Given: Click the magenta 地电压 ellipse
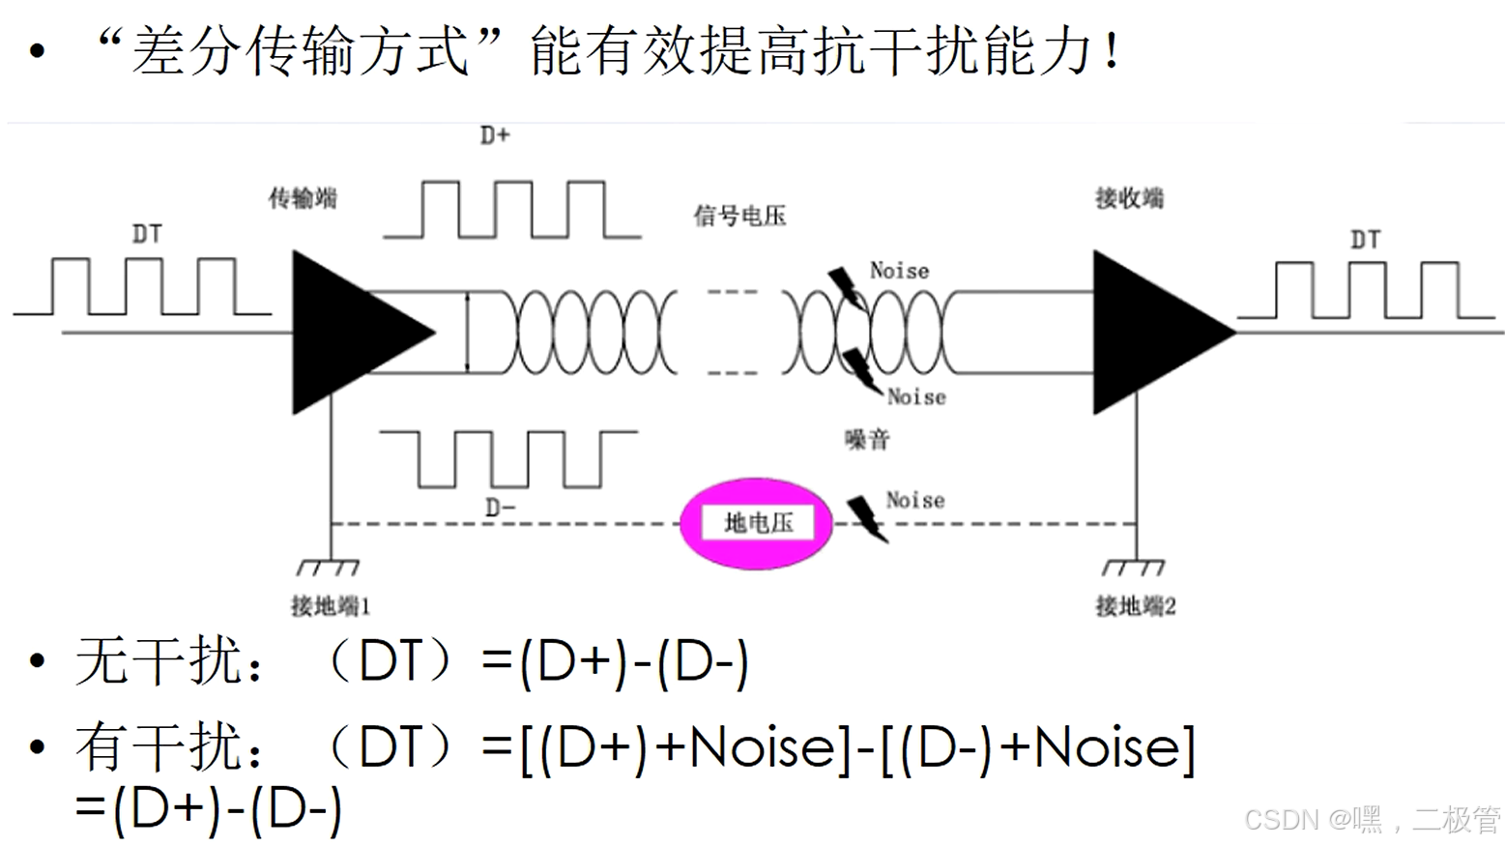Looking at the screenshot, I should pyautogui.click(x=757, y=523).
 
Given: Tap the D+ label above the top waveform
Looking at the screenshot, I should pyautogui.click(x=495, y=135).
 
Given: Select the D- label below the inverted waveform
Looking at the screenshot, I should pyautogui.click(x=500, y=508).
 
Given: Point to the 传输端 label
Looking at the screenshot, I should pyautogui.click(x=303, y=198).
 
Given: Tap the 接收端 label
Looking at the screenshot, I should pyautogui.click(x=1129, y=198).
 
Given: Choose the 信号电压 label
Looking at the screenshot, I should pyautogui.click(x=739, y=216).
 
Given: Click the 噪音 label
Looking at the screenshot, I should pyautogui.click(x=867, y=440).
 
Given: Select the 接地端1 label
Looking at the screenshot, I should pyautogui.click(x=331, y=606).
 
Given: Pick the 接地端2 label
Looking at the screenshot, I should pyautogui.click(x=1135, y=606).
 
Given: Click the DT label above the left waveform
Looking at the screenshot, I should pyautogui.click(x=147, y=234).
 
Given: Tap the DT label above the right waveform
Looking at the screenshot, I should pyautogui.click(x=1365, y=239).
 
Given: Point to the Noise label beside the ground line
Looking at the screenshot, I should pyautogui.click(x=914, y=500).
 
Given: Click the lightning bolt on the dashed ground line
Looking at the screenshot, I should pyautogui.click(x=867, y=519).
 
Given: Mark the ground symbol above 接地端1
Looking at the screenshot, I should pyautogui.click(x=329, y=567).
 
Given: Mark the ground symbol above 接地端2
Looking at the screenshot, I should pyautogui.click(x=1134, y=567).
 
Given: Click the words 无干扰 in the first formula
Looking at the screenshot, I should pyautogui.click(x=159, y=663).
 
